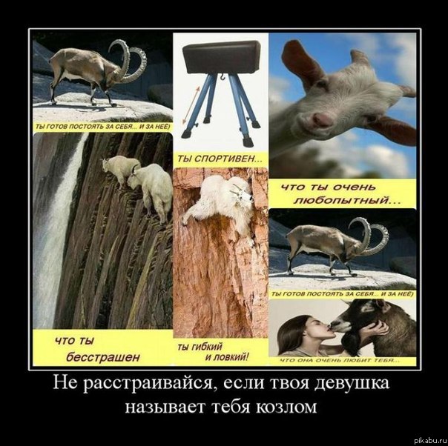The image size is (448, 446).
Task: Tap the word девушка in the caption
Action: tap(355, 385)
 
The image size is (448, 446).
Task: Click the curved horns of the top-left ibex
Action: tap(131, 59)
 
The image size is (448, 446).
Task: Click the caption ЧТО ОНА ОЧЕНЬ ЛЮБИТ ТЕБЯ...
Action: tap(341, 361)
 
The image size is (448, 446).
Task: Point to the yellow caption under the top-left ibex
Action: tap(102, 127)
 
